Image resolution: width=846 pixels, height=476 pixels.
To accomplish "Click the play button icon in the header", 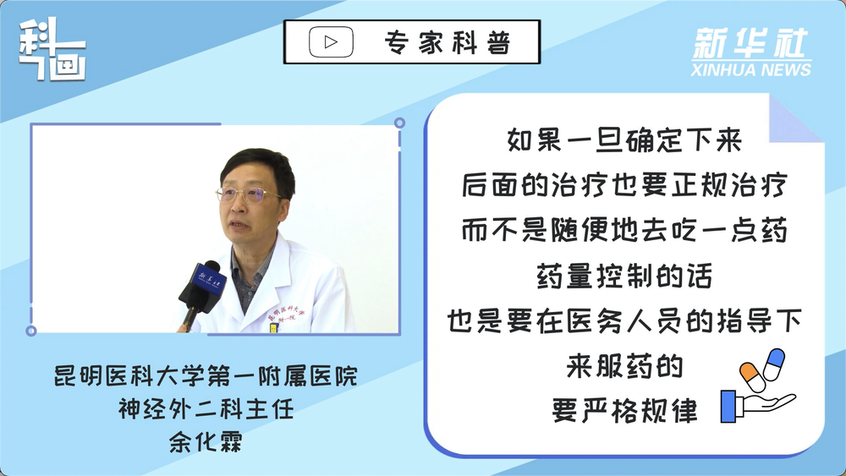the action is pyautogui.click(x=331, y=42).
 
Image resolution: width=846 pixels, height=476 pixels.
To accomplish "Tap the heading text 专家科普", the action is pyautogui.click(x=448, y=42).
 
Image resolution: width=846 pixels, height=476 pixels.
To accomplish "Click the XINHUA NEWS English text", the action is pyautogui.click(x=751, y=69).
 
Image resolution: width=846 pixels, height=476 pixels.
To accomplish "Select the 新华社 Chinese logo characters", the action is pyautogui.click(x=750, y=43).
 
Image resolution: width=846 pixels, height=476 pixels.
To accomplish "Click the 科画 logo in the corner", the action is pyautogui.click(x=52, y=49).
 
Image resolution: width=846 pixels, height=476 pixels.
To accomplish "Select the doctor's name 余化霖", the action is pyautogui.click(x=206, y=441).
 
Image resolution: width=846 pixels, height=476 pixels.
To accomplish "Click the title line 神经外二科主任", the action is pyautogui.click(x=206, y=409).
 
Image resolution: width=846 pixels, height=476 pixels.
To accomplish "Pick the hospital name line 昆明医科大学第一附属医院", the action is pyautogui.click(x=206, y=375).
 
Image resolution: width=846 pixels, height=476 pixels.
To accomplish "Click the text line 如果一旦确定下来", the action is pyautogui.click(x=625, y=140).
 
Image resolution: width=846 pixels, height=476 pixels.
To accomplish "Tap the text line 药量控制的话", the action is pyautogui.click(x=625, y=276).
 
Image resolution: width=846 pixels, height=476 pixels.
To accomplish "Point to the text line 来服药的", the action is pyautogui.click(x=625, y=367).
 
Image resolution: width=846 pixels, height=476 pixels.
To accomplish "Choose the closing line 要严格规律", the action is pyautogui.click(x=625, y=411).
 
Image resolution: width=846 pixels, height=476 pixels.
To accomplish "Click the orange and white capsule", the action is pyautogui.click(x=752, y=377).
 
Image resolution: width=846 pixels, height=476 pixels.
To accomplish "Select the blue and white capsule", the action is pyautogui.click(x=774, y=364).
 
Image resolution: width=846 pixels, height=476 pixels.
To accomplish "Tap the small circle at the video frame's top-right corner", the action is pyautogui.click(x=399, y=123).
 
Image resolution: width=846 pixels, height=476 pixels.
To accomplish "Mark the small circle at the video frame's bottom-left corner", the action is pyautogui.click(x=31, y=331).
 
